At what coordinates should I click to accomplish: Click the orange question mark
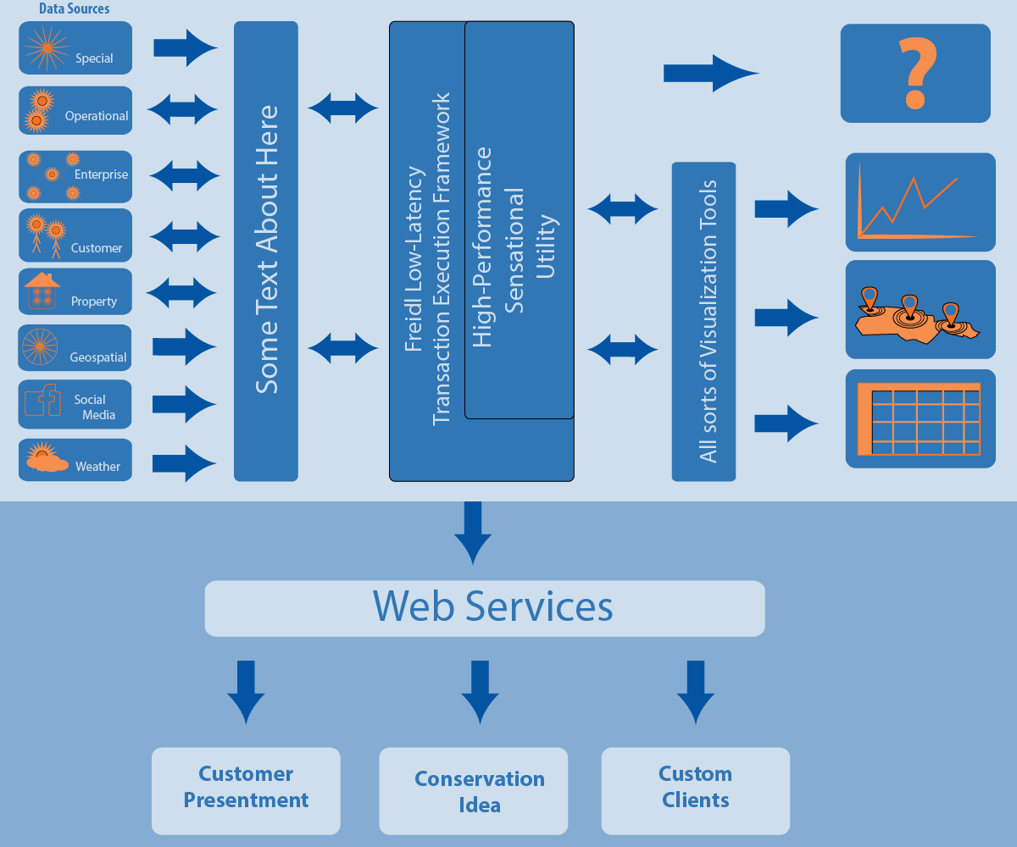[914, 74]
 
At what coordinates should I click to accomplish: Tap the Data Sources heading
[74, 9]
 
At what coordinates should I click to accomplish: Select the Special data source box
[75, 47]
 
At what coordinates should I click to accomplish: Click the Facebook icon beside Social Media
[42, 400]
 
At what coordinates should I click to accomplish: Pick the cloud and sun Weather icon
[44, 458]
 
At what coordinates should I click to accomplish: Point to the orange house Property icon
[42, 291]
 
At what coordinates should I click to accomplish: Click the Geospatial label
[98, 357]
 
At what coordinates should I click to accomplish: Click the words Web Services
[492, 606]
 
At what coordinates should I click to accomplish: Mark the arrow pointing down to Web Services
[473, 532]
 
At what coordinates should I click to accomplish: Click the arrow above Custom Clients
[696, 691]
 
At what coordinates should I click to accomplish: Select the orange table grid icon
[920, 418]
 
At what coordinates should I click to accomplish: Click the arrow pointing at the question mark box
[710, 73]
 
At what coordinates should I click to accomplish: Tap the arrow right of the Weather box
[184, 463]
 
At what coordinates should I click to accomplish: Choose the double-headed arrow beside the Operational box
[183, 109]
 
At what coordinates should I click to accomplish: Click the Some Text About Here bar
[266, 251]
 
